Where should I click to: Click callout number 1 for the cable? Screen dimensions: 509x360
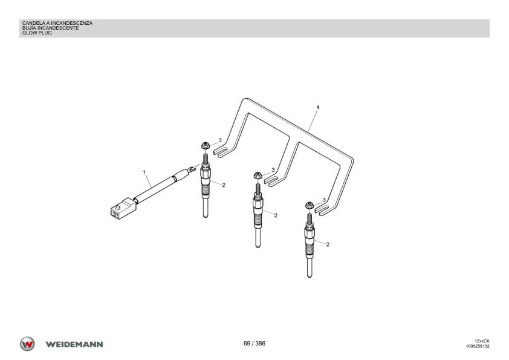[x=144, y=172]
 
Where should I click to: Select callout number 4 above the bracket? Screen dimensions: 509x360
[x=318, y=107]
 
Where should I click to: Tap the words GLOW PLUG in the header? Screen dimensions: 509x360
[x=37, y=33]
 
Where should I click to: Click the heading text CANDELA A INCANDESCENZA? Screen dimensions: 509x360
[x=57, y=23]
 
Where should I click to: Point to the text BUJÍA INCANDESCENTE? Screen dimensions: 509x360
[x=50, y=28]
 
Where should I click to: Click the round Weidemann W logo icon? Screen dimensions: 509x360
[x=27, y=344]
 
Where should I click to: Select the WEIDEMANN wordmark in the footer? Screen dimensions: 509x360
[x=74, y=344]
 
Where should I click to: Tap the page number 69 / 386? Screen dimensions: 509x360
[x=254, y=344]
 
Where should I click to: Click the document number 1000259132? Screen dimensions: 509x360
[x=478, y=346]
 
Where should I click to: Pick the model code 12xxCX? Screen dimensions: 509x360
[x=482, y=341]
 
